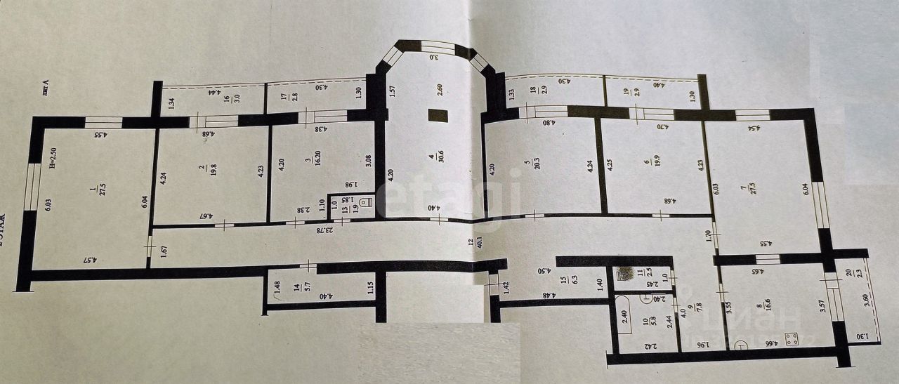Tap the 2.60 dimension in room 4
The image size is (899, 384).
click(x=440, y=90)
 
